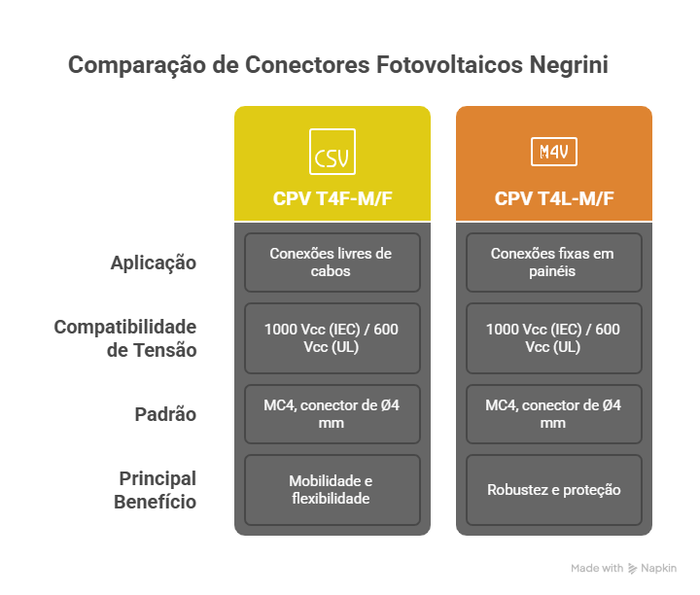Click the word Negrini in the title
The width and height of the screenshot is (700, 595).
569,65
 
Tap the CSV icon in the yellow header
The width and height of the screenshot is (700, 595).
332,152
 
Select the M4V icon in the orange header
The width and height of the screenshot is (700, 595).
553,152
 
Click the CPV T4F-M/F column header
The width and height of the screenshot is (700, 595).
332,198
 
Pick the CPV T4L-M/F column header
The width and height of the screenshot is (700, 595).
554,198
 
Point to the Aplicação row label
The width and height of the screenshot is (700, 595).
154,262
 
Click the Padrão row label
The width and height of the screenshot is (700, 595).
165,414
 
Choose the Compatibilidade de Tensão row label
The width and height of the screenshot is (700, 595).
125,338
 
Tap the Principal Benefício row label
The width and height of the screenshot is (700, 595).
155,490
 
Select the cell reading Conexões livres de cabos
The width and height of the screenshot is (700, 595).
332,262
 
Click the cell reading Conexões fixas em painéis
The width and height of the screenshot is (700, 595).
553,262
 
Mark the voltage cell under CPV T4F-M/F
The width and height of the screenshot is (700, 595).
332,338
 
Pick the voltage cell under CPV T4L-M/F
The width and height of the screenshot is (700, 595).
553,338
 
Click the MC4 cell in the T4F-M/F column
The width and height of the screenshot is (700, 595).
332,414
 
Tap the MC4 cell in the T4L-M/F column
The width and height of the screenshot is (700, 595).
553,414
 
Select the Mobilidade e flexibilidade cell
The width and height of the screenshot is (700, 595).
332,490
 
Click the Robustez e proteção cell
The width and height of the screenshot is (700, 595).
553,490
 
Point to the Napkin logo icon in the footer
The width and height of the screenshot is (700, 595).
632,568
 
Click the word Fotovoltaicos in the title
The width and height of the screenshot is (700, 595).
449,65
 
